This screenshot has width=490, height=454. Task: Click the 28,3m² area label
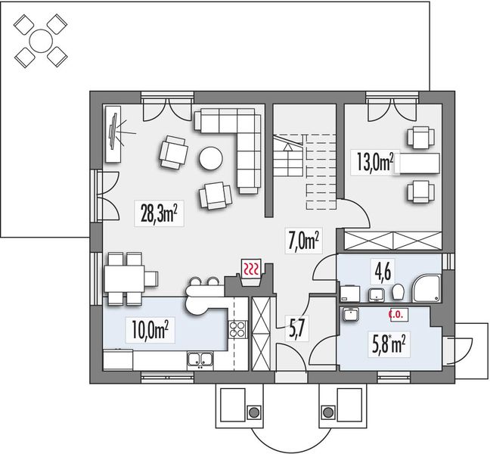[x=158, y=214]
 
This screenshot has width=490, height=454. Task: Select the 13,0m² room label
[x=374, y=162]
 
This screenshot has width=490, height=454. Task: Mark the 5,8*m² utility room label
[x=391, y=344]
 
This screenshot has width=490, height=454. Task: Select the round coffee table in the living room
[x=210, y=158]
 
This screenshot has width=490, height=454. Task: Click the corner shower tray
[x=427, y=288]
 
